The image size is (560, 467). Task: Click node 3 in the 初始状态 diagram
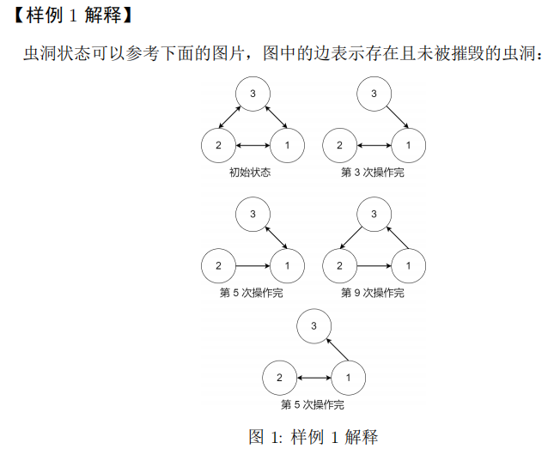(253, 94)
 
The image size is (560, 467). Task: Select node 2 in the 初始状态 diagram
(218, 145)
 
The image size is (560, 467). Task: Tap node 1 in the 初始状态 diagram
(288, 145)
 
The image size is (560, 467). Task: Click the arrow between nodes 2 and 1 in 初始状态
(253, 145)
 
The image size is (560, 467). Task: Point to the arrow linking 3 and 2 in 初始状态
(229, 117)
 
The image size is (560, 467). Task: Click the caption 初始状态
(250, 173)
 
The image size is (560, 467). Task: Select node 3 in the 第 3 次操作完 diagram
(374, 94)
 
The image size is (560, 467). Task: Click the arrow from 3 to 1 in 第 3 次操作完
(398, 117)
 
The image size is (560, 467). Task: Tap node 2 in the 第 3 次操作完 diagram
(339, 145)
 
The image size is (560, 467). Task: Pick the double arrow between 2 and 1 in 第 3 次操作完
(374, 145)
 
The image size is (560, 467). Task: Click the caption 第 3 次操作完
(373, 173)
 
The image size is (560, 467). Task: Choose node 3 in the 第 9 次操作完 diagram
(374, 215)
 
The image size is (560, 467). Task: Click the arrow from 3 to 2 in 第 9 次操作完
(351, 238)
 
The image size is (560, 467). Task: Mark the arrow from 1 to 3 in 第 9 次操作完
(398, 238)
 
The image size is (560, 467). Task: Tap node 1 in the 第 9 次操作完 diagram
(409, 266)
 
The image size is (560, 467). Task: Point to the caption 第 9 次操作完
(373, 293)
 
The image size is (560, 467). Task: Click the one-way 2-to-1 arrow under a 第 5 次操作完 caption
(253, 266)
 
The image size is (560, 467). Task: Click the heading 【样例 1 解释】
(73, 15)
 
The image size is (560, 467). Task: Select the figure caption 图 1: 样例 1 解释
(313, 437)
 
